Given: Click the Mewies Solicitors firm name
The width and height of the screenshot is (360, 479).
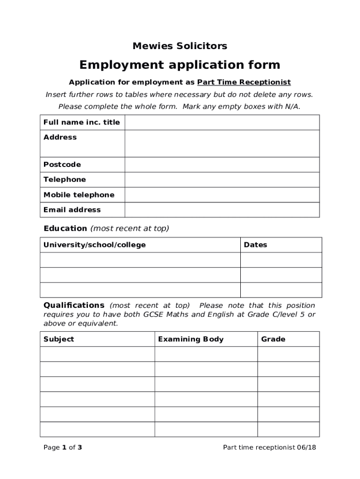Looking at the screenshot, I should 180,46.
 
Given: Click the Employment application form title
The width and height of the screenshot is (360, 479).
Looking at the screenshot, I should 180,65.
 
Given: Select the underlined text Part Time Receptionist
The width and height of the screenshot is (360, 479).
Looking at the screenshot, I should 244,82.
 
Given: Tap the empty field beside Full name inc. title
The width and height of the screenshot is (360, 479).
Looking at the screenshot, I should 222,123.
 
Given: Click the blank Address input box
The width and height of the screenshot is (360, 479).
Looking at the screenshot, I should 222,143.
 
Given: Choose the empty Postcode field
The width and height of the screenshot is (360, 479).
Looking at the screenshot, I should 222,165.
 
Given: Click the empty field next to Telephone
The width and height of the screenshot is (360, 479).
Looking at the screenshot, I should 222,180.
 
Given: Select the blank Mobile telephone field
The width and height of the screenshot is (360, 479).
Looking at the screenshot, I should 222,195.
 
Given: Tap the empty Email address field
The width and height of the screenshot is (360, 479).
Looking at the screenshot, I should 222,210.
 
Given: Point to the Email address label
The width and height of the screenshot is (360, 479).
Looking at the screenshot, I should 72,210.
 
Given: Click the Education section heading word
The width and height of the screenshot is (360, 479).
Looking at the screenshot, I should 65,228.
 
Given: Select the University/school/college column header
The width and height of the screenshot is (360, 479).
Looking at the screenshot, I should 94,245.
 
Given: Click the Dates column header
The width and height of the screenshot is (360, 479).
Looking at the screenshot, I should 255,245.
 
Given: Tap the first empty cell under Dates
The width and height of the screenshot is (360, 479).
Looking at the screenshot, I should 281,260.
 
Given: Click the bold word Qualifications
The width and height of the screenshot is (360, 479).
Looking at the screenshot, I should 74,305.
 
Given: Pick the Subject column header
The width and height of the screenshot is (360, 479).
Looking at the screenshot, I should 58,339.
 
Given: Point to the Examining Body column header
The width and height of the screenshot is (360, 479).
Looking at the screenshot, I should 191,339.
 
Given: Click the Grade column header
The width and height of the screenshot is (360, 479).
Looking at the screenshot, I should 273,339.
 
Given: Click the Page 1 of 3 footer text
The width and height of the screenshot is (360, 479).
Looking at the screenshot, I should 63,448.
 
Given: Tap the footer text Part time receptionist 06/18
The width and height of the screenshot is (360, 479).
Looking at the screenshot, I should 269,448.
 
